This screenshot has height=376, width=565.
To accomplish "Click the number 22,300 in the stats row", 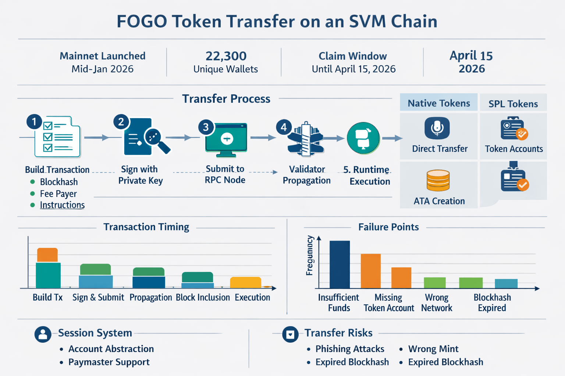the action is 226,56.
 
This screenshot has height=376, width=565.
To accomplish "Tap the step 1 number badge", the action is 34,122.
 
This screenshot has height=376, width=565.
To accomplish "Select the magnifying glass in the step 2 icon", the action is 154,138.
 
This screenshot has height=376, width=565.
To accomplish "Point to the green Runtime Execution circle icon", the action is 363,138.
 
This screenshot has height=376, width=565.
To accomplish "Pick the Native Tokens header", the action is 438,103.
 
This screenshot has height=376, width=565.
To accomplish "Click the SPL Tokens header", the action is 513,104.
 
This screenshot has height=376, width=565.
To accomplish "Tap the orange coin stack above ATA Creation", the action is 438,180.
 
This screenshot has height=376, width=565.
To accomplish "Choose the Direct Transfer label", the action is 440,149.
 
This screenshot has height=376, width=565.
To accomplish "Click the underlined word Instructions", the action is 62,205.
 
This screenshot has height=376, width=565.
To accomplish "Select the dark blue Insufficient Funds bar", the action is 340,264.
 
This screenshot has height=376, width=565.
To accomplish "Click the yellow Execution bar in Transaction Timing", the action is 245,282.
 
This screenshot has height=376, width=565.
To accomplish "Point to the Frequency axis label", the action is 310,256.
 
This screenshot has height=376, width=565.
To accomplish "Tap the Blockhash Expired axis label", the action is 492,303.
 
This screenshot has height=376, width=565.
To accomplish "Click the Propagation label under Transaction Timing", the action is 150,297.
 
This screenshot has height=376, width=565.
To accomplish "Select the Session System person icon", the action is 43,334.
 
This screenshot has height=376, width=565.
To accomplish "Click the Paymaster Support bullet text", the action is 109,362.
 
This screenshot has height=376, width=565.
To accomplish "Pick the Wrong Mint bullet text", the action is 433,349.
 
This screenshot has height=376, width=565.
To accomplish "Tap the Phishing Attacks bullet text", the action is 349,349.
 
